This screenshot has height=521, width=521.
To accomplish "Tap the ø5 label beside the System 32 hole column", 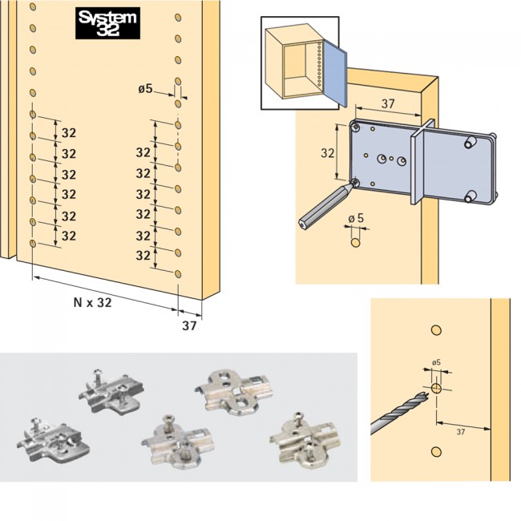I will (x=145, y=89).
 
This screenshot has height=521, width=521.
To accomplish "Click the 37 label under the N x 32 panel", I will (x=189, y=325).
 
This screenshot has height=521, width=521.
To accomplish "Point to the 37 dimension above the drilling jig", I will (x=386, y=103).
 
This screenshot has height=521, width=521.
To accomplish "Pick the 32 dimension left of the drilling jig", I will (x=327, y=152).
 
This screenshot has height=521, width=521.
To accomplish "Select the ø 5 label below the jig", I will (x=356, y=218).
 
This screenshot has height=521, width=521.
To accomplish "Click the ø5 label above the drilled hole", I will (x=437, y=363).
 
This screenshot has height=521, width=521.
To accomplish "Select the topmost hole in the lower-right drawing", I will (x=437, y=330).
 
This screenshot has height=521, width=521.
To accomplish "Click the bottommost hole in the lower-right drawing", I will (x=437, y=450).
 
